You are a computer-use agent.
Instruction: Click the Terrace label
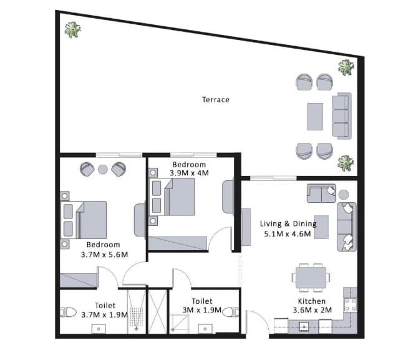(x=216, y=100)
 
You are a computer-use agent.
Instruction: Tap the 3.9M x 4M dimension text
(x=189, y=173)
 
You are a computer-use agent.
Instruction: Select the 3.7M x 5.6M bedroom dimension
(x=104, y=255)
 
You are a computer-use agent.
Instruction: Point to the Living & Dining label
(x=288, y=223)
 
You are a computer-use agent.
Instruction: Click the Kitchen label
(x=312, y=301)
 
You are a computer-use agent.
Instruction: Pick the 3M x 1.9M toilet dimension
(x=202, y=310)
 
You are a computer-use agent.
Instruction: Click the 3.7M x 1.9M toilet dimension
(x=104, y=315)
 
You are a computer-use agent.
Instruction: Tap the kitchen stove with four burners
(x=351, y=304)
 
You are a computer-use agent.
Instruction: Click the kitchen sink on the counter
(x=304, y=326)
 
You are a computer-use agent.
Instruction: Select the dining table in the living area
(x=311, y=278)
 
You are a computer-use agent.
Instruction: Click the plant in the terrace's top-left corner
(x=72, y=30)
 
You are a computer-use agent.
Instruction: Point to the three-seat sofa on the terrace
(x=342, y=116)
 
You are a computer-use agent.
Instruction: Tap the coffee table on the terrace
(x=315, y=117)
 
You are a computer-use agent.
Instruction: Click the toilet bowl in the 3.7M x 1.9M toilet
(x=68, y=312)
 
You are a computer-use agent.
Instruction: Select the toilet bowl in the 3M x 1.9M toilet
(x=231, y=312)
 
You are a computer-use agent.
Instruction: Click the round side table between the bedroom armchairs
(x=103, y=169)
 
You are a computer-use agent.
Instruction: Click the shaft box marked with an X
(x=157, y=312)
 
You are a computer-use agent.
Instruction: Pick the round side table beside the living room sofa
(x=344, y=195)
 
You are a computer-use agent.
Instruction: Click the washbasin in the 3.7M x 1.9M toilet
(x=99, y=329)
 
